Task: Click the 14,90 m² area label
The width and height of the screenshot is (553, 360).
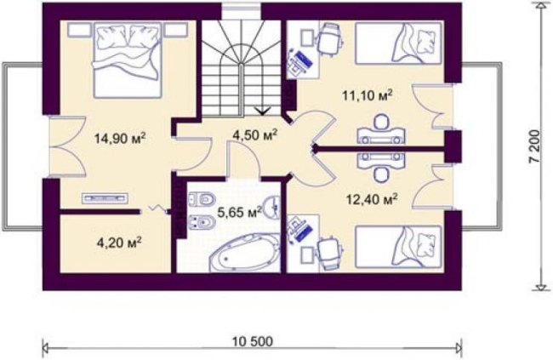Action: click(x=120, y=138)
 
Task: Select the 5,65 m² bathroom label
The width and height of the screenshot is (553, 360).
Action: click(x=240, y=212)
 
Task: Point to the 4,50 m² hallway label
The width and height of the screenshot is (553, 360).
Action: click(x=255, y=134)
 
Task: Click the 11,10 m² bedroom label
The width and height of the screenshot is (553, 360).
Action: click(x=368, y=95)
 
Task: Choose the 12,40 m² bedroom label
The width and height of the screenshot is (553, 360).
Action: click(x=372, y=199)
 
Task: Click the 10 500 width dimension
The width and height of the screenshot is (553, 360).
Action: click(x=252, y=341)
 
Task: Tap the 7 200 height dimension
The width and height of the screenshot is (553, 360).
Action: click(x=534, y=146)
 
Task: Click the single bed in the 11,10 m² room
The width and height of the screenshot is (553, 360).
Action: click(x=398, y=43)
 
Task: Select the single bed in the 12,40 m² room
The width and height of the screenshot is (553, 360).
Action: click(x=398, y=246)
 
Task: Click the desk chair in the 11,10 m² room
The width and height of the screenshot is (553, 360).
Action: click(x=330, y=39)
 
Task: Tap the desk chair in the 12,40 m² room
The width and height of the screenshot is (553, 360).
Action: click(x=330, y=254)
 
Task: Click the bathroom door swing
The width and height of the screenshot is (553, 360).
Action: click(x=243, y=159)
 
